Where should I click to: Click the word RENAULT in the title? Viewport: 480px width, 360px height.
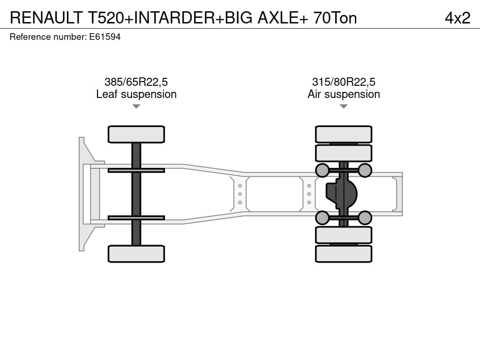(46, 18)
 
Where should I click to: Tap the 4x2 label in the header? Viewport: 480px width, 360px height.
(457, 18)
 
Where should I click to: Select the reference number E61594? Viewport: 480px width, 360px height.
(105, 37)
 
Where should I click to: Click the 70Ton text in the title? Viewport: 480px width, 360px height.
(335, 18)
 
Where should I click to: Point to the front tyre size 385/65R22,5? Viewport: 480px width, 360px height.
(136, 82)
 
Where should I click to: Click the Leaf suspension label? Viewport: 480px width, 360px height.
(136, 94)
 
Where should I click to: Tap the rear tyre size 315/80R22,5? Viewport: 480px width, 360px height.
(344, 82)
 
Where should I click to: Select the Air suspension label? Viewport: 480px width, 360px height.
(344, 94)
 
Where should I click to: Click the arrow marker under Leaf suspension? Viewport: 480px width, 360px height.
(136, 106)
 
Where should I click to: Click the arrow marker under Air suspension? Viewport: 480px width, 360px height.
(344, 106)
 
